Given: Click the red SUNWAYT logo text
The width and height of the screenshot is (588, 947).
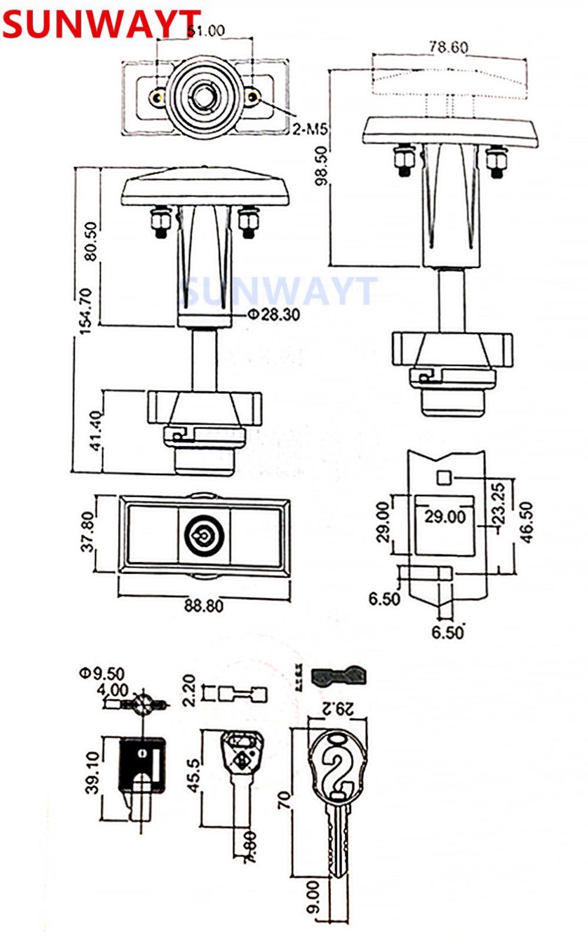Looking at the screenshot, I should point(100,25).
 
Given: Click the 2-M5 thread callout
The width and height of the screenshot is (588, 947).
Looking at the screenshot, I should point(310,129).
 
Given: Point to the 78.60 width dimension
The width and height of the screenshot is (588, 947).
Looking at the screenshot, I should point(448,47).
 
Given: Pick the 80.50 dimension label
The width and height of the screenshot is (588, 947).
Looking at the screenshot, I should point(91,240).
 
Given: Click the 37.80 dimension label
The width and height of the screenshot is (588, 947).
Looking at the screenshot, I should point(87,532).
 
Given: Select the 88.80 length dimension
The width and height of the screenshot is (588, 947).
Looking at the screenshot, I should point(203,605).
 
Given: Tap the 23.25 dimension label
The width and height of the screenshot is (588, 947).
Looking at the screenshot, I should point(497,504).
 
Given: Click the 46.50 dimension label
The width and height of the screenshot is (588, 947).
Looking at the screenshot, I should point(526,521).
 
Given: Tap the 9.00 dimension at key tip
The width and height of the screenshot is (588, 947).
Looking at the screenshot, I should point(313,896).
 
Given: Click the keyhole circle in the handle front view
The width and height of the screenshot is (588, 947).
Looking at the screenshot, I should point(201,536).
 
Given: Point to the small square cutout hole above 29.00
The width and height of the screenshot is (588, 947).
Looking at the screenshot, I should point(444,477).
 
